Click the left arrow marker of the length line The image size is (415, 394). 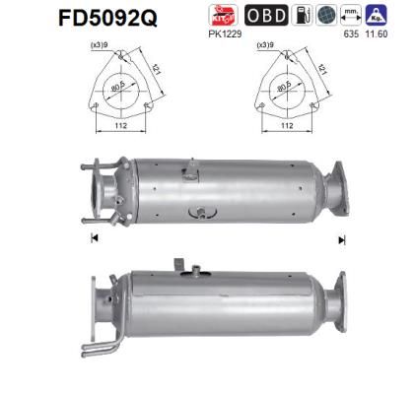(92, 239)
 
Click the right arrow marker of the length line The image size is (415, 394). (342, 239)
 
